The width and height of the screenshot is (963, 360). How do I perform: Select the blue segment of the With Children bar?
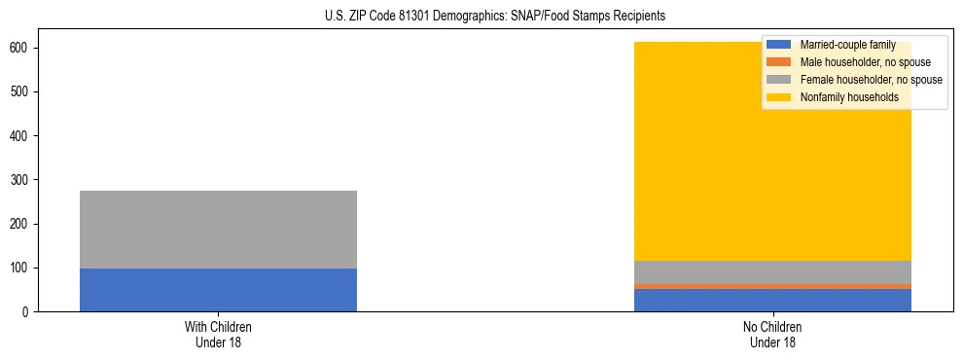point(218,290)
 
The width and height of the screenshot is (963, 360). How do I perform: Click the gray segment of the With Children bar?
point(218,230)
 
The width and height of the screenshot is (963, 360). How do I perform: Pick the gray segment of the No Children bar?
point(772,272)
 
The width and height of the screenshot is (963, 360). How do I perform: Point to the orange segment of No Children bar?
point(772,286)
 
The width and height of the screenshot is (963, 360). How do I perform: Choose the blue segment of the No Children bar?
point(772,301)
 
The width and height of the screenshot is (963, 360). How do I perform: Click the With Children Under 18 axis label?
point(218,335)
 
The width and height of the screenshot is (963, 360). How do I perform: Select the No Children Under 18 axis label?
point(772,335)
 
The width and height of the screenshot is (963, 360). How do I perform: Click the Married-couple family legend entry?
point(847,45)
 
